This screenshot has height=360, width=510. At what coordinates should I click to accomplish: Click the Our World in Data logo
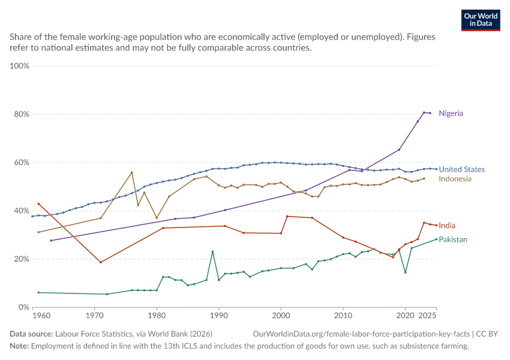click(481, 20)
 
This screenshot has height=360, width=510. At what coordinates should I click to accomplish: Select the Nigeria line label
click(451, 113)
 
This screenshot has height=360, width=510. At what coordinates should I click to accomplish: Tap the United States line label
click(461, 169)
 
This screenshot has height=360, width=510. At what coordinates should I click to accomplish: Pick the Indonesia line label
click(455, 179)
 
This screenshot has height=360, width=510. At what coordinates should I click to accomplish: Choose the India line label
click(447, 226)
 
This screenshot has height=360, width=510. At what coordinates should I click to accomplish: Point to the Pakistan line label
click(453, 239)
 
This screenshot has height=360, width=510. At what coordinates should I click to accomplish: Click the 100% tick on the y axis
click(20, 65)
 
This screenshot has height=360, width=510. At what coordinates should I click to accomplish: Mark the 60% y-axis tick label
click(22, 162)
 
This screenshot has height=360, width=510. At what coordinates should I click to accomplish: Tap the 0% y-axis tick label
click(24, 307)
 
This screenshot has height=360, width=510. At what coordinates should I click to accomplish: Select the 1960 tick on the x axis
click(41, 316)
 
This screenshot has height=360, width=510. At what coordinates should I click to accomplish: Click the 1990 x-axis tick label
click(219, 316)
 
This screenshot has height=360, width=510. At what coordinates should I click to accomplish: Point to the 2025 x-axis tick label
click(427, 316)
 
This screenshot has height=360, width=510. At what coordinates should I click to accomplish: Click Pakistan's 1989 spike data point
click(212, 252)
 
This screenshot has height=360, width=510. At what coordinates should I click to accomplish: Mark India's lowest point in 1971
click(101, 262)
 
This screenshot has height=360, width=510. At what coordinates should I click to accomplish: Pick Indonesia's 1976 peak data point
click(132, 172)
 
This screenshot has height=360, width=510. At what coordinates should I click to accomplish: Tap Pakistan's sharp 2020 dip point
click(405, 272)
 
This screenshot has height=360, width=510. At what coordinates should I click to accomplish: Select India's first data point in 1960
click(39, 204)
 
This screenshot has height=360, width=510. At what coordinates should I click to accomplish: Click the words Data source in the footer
click(31, 334)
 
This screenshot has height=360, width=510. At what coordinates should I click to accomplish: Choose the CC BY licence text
click(487, 334)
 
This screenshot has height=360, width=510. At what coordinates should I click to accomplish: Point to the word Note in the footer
click(19, 346)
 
